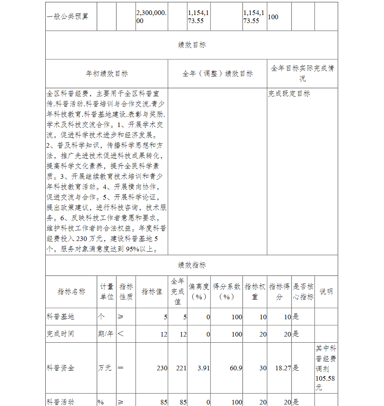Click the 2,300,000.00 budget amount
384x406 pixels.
(151, 17)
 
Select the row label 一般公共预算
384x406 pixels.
(67, 17)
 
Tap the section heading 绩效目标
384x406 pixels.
(192, 45)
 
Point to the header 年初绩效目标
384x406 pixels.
(107, 74)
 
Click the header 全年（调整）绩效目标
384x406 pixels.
(217, 74)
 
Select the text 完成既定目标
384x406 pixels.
(289, 94)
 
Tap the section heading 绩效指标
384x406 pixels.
(192, 265)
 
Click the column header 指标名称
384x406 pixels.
(71, 292)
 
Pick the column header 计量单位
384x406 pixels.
(107, 292)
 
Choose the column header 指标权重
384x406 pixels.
(255, 292)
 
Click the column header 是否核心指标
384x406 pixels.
(303, 292)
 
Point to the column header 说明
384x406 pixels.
(326, 292)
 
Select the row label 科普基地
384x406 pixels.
(60, 317)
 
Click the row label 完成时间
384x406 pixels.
(60, 334)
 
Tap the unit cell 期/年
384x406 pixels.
(106, 334)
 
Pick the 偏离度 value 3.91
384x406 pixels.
(204, 368)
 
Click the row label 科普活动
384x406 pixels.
(60, 402)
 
